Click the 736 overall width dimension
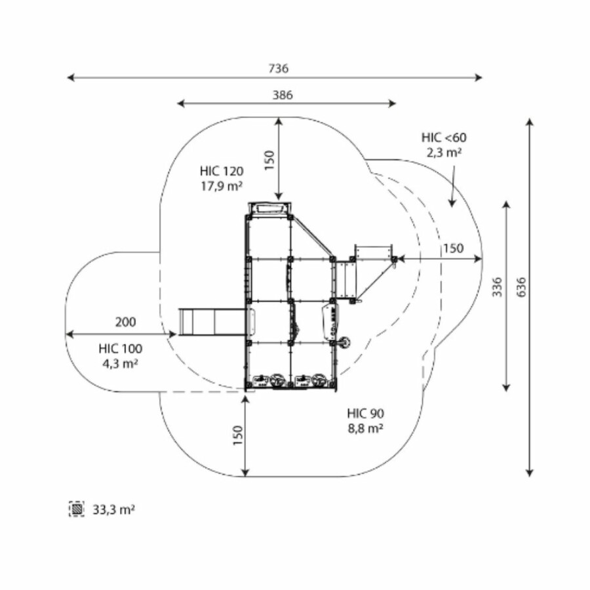[x=279, y=68]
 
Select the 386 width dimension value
[x=283, y=95]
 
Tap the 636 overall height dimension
[x=521, y=287]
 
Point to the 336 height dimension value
[x=498, y=287]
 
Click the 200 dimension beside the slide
[x=125, y=322]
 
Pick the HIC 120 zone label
[x=222, y=171]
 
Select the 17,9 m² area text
[x=222, y=186]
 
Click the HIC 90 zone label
[x=365, y=414]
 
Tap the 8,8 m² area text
[x=365, y=428]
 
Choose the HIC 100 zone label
[x=121, y=349]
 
